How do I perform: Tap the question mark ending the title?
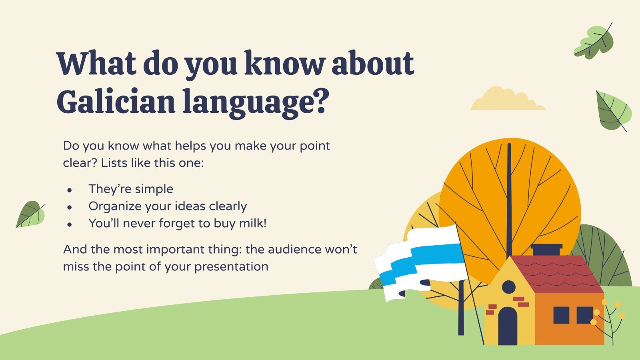(x=318, y=100)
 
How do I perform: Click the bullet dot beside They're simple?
(x=69, y=190)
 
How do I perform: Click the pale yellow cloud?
(x=508, y=98)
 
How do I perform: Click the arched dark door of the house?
(x=508, y=326)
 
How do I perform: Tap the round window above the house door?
(x=508, y=287)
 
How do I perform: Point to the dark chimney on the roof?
(x=546, y=250)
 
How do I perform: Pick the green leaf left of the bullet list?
(x=30, y=214)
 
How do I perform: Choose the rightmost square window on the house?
(x=584, y=315)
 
